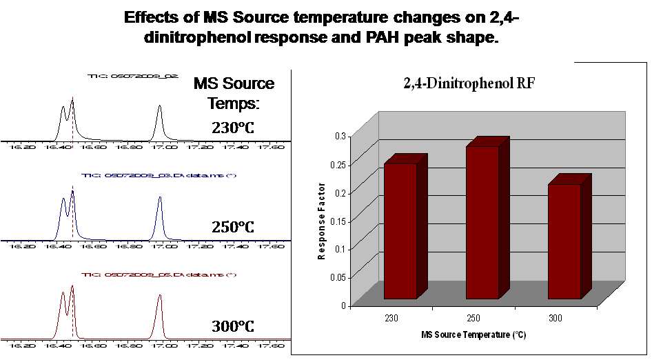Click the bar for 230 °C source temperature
pos(400,231)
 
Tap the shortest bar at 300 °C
pos(564,241)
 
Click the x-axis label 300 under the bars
pos(556,318)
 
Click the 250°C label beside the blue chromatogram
pos(233,226)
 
